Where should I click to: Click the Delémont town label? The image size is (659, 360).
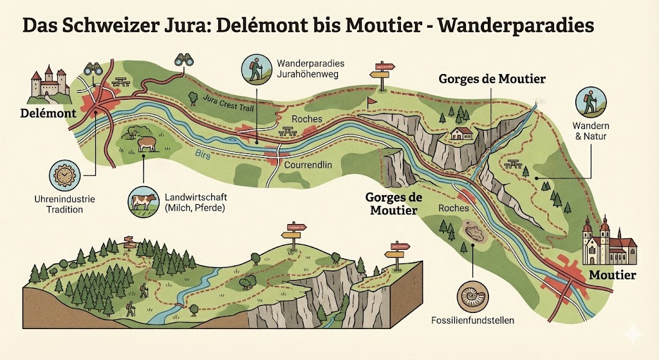pyautogui.click(x=48, y=114)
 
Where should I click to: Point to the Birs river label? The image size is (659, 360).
pyautogui.click(x=202, y=153)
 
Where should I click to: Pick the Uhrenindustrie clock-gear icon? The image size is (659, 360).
pyautogui.click(x=66, y=176)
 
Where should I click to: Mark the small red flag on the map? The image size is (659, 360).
pyautogui.click(x=371, y=102)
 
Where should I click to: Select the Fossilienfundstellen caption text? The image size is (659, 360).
pyautogui.click(x=473, y=320)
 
